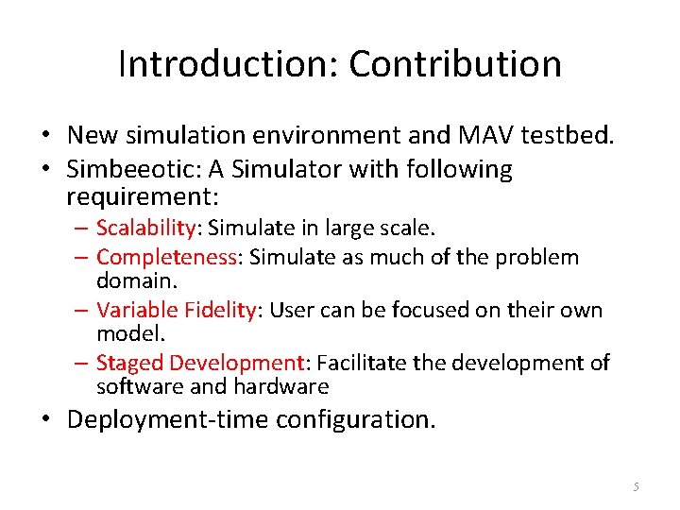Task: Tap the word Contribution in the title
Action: click(455, 64)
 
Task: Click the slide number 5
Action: click(637, 486)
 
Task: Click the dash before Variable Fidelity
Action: click(82, 310)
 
